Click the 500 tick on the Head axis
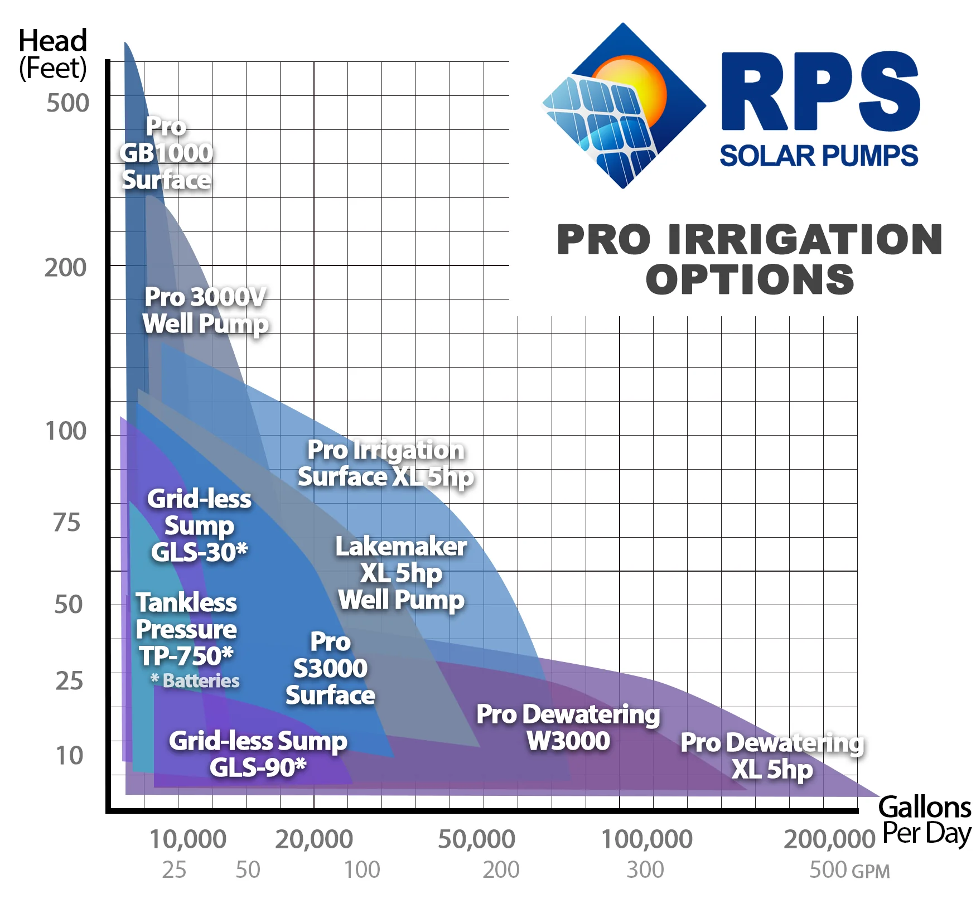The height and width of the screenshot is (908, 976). coord(67,103)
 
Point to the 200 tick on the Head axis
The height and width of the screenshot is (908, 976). coord(66,268)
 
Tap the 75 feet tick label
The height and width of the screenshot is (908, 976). coord(67,523)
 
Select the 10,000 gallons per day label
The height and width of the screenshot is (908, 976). coord(188,839)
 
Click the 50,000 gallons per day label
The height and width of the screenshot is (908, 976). coord(476,839)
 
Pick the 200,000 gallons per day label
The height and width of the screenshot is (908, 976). coord(829,839)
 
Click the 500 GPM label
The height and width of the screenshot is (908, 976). coord(849,870)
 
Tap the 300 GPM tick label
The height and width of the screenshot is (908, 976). coord(645,870)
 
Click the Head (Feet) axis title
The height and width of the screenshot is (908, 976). coord(53,54)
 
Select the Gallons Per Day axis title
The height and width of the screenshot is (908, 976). coord(926,820)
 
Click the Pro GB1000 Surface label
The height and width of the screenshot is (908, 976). coord(166,153)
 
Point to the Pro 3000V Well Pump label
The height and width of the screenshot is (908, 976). coord(205,310)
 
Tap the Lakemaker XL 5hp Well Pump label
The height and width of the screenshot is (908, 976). coord(401,573)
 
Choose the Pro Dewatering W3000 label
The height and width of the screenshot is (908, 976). coord(568,727)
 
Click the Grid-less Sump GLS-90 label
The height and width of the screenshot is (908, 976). coord(258,754)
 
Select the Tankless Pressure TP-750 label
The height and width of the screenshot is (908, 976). coord(186,629)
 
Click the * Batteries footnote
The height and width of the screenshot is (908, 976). coord(195,680)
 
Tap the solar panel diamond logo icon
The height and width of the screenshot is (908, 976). coord(624,105)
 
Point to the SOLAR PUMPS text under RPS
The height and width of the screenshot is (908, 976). coord(818,156)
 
